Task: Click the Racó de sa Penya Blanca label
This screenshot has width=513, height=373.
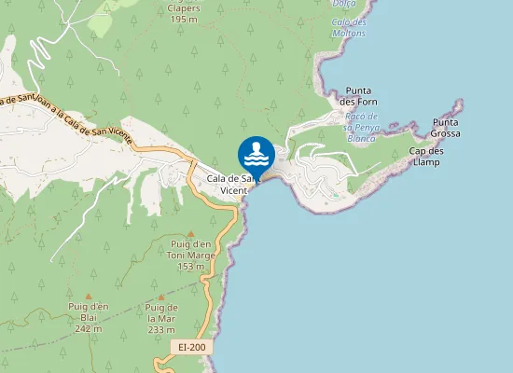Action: (360, 126)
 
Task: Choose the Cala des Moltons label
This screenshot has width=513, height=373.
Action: (350, 27)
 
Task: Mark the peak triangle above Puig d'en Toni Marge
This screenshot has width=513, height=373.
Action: (191, 233)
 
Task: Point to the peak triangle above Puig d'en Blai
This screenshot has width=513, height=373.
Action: (90, 296)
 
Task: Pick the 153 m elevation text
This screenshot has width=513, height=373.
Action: (190, 267)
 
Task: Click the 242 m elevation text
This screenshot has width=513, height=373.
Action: (90, 329)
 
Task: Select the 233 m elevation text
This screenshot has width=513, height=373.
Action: (161, 329)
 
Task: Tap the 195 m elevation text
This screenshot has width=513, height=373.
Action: (185, 19)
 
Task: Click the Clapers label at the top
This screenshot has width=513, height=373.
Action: (185, 7)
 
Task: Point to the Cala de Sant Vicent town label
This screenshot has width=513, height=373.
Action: (233, 184)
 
